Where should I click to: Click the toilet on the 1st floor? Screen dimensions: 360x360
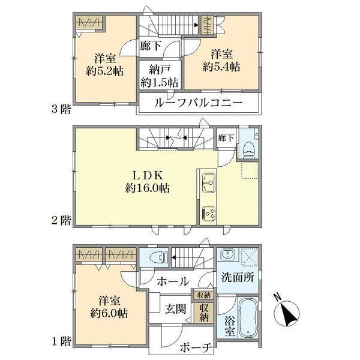pos(158,257)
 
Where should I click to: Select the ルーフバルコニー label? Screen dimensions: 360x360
pos(198,103)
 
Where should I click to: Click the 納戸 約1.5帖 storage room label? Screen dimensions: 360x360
pos(160,76)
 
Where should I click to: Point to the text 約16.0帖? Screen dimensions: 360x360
pos(148,188)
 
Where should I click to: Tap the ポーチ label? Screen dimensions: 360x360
pos(196,348)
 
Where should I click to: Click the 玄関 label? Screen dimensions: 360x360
pos(175,309)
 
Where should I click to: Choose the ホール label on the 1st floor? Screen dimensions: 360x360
pos(173,281)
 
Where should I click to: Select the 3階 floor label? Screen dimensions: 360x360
pos(61,109)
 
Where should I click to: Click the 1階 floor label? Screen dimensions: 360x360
pos(61,342)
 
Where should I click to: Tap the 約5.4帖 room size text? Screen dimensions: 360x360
pos(221,67)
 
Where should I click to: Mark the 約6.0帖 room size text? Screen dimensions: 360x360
pos(109,313)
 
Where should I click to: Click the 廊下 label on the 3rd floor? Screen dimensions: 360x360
pos(151,46)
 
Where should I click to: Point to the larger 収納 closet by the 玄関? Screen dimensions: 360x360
pos(204,313)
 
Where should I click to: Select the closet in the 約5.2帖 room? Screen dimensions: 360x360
pos(89,23)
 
